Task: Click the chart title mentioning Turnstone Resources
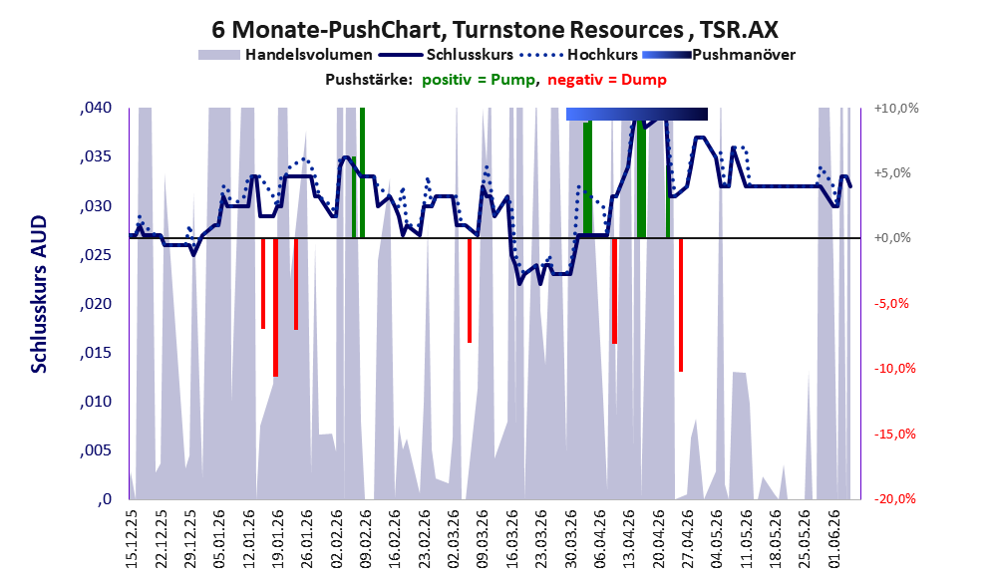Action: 494,30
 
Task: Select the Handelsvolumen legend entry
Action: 285,55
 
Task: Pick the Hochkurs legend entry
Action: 579,55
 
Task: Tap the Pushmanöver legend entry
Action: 719,55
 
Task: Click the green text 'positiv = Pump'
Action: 479,80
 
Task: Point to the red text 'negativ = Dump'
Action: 607,80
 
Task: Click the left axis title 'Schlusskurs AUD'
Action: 39,294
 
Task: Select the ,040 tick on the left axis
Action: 96,108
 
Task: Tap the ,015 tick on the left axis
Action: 96,353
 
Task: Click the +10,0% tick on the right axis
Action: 896,109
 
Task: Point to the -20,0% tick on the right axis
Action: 894,498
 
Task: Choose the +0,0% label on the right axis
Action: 892,238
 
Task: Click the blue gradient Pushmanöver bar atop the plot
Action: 637,114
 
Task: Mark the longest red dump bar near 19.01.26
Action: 275,307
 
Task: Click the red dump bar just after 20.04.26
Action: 681,305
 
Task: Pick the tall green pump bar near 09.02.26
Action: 362,172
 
